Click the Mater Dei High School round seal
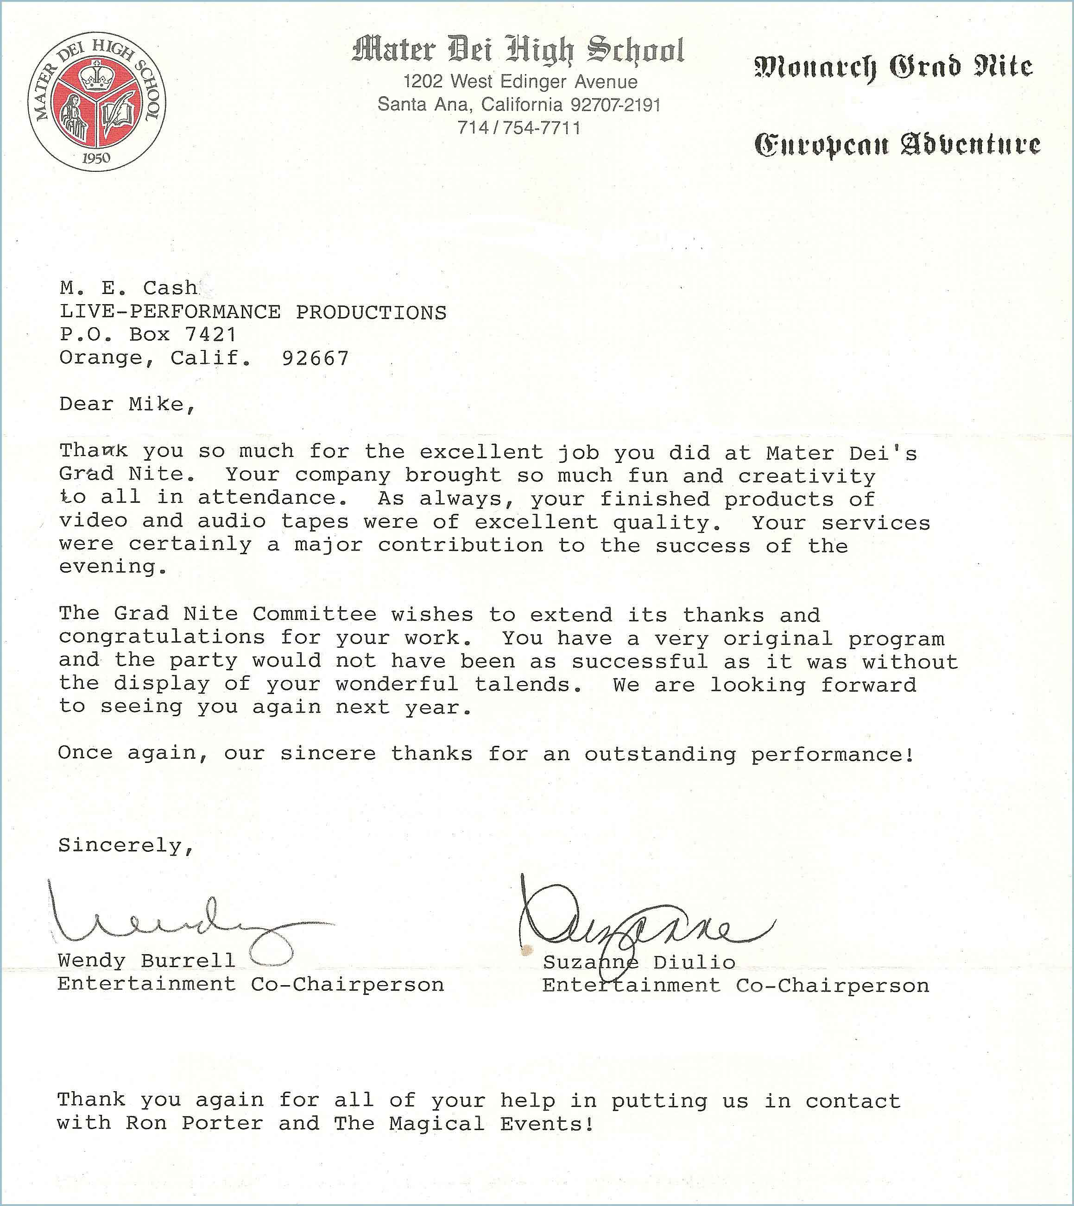point(97,101)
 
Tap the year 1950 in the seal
point(96,157)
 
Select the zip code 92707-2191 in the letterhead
point(615,105)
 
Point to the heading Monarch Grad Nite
point(893,68)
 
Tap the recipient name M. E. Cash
point(129,288)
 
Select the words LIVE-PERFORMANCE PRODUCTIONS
point(253,312)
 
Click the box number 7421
point(211,335)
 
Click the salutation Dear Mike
point(126,404)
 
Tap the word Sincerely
point(125,845)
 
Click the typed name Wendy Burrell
point(146,960)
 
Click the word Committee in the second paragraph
point(315,614)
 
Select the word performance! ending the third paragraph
point(833,755)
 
